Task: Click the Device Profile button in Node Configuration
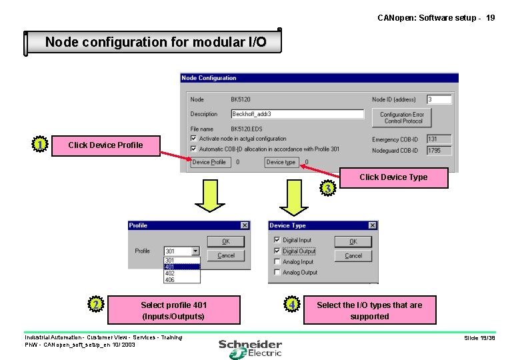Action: point(209,162)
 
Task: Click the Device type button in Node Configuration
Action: point(281,162)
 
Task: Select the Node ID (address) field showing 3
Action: point(439,99)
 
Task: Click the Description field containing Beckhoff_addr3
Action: point(297,114)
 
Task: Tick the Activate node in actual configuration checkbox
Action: point(193,139)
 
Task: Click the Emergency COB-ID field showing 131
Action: point(439,139)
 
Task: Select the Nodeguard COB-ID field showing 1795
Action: point(439,151)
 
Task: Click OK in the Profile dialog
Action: point(225,241)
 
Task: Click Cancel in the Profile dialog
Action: point(225,255)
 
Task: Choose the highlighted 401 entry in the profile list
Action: point(181,267)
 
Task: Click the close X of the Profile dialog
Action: point(244,225)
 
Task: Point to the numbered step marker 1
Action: point(41,145)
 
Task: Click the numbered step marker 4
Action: point(292,305)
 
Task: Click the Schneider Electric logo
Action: point(250,347)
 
